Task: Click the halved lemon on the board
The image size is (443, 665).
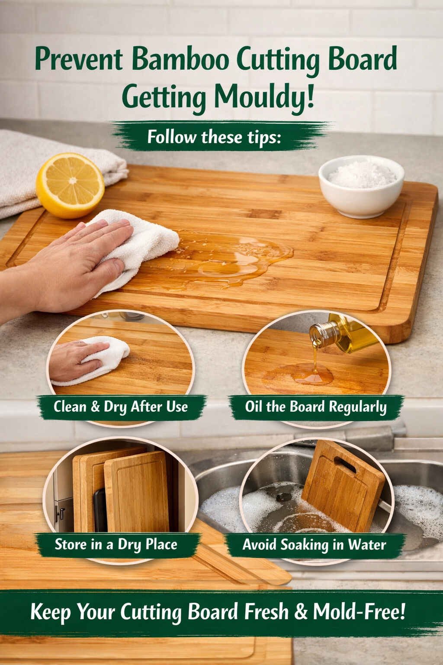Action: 70,186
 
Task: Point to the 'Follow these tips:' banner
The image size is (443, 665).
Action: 215,137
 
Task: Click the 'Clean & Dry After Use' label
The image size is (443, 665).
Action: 121,407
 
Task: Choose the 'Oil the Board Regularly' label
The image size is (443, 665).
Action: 315,407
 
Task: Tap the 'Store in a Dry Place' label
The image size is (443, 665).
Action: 116,544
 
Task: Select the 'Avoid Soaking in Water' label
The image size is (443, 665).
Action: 314,544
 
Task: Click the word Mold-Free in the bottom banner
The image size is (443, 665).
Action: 359,611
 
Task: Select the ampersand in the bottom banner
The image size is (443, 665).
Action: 301,611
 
